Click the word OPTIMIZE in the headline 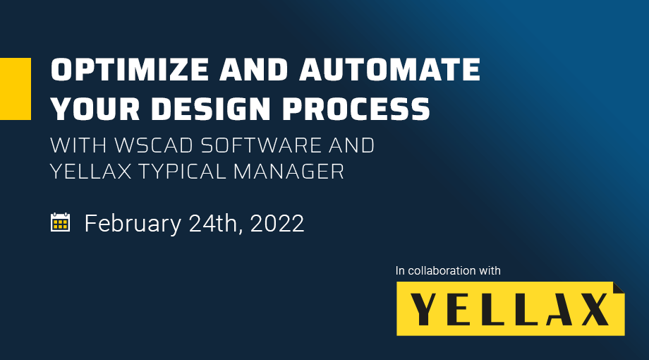click(130, 69)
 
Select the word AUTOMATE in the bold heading click(390, 69)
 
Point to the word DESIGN click(211, 109)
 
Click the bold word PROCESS click(356, 109)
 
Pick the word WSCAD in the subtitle click(154, 145)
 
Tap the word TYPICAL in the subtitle click(182, 171)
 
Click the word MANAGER click(289, 171)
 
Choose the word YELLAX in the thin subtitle click(90, 171)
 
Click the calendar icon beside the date click(60, 222)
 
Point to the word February click(133, 224)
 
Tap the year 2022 click(277, 223)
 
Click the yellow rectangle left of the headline click(16, 89)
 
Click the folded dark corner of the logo click(620, 287)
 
